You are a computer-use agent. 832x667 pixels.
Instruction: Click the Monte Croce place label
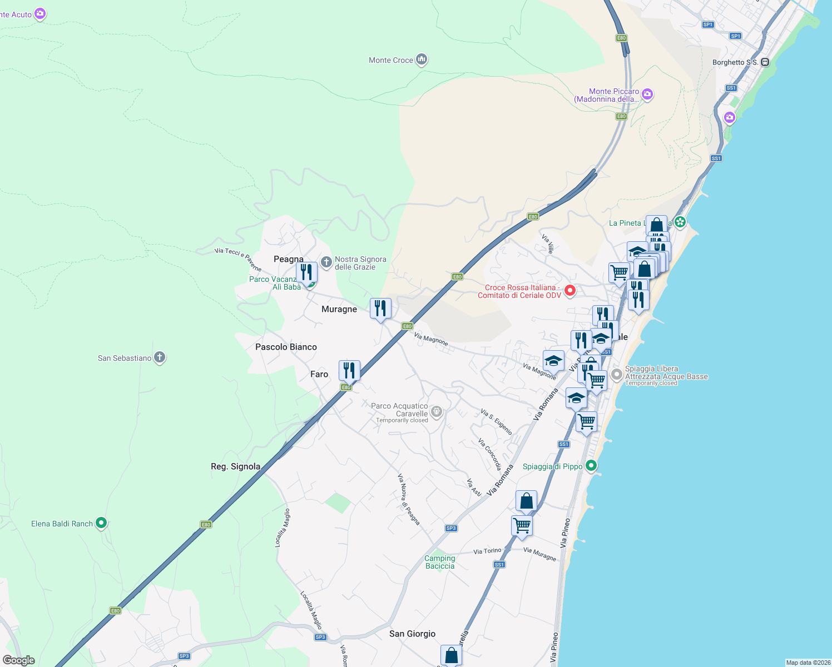(391, 60)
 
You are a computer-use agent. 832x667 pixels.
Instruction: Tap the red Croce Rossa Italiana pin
(570, 290)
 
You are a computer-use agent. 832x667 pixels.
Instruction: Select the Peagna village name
(288, 259)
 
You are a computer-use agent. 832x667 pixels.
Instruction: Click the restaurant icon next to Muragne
(380, 308)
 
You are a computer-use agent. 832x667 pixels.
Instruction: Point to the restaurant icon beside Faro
(349, 370)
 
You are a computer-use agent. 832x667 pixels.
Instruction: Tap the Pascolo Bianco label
(286, 347)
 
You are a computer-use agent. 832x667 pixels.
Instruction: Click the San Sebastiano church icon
(160, 357)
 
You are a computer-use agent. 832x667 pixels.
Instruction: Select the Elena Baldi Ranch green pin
(101, 522)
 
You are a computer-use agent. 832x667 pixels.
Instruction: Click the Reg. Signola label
(235, 466)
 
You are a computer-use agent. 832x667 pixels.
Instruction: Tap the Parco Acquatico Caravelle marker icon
(437, 412)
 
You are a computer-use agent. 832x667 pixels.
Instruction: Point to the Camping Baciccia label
(440, 562)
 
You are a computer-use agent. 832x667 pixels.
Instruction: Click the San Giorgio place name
(412, 634)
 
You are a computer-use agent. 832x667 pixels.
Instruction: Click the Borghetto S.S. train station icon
(765, 62)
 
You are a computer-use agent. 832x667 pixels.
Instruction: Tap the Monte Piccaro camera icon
(647, 94)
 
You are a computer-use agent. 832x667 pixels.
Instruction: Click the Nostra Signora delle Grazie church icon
(326, 261)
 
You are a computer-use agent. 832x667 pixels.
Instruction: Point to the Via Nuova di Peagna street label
(408, 499)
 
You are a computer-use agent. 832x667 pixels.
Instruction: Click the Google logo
(19, 660)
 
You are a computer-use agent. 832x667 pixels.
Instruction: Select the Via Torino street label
(487, 551)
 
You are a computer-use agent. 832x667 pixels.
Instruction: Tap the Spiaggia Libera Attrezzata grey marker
(616, 375)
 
